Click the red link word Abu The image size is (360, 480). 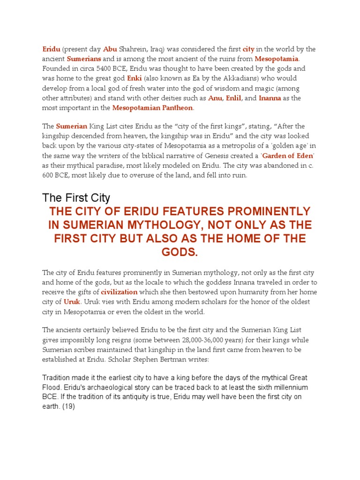click(110, 49)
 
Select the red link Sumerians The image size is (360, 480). click(84, 59)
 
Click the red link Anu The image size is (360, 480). click(215, 98)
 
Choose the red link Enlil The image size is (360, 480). click(233, 98)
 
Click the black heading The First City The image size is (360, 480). click(76, 197)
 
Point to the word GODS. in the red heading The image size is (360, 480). click(180, 253)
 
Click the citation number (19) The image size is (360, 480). click(67, 407)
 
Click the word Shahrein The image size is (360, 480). click(135, 49)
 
